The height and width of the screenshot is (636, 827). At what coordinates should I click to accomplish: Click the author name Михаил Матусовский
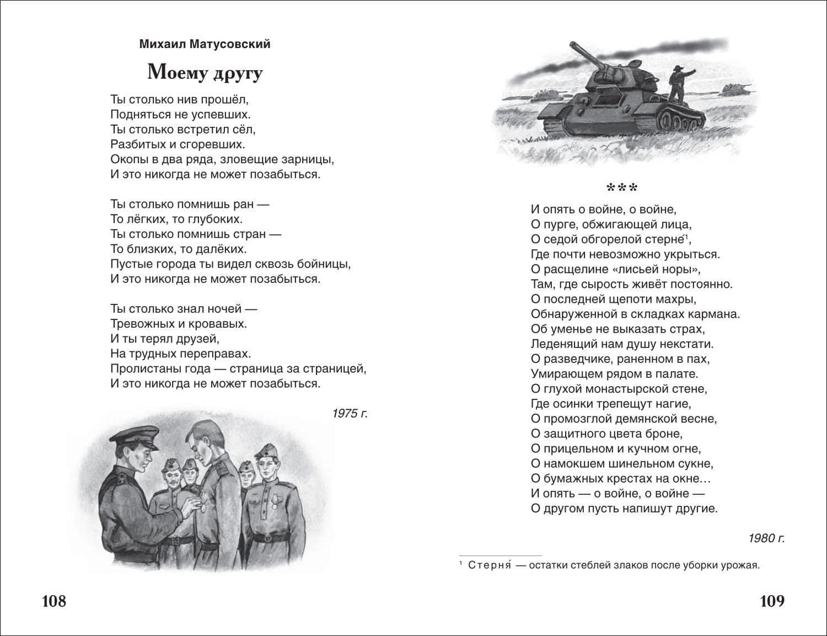[x=205, y=44]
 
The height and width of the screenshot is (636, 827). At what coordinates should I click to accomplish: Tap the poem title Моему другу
[x=205, y=72]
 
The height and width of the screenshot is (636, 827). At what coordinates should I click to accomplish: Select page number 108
[x=54, y=601]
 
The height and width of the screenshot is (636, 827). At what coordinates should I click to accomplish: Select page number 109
[x=772, y=601]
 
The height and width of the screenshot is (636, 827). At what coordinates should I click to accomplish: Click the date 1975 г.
[x=350, y=414]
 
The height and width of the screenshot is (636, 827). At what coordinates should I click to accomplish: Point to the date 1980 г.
[x=766, y=538]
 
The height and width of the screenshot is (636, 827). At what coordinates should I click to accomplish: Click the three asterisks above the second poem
[x=622, y=189]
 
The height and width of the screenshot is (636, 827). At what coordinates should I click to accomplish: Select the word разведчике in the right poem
[x=581, y=359]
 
